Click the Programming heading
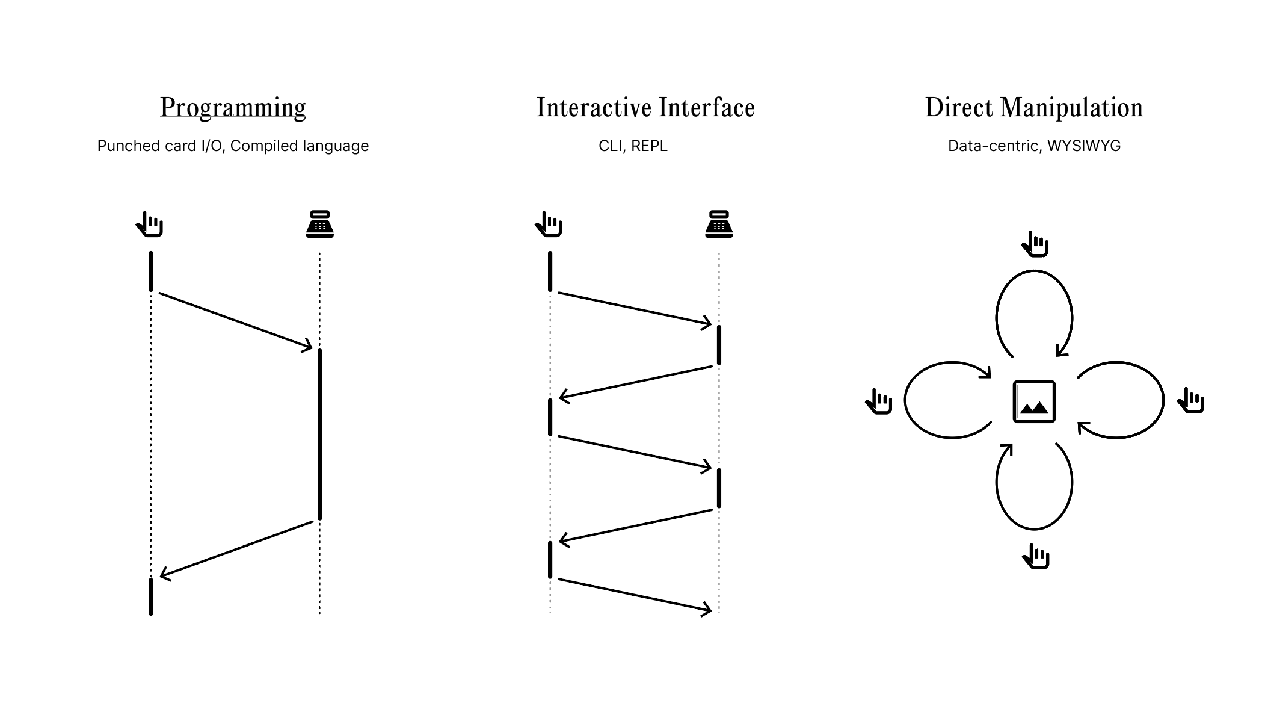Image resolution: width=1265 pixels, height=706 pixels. [x=233, y=108]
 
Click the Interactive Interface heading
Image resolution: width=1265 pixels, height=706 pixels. [x=645, y=108]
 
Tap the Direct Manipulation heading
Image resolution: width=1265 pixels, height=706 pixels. [x=1033, y=108]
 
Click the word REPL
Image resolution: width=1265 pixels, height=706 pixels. [x=649, y=146]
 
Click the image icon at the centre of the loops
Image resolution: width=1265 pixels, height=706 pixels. [x=1034, y=401]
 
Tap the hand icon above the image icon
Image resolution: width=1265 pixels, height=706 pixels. [x=1035, y=244]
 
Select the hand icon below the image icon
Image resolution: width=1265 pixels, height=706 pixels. [x=1036, y=557]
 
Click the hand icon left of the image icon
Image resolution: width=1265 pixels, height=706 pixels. [x=879, y=401]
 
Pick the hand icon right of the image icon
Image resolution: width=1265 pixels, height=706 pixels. [x=1191, y=400]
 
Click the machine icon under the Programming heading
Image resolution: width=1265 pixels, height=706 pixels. [x=319, y=224]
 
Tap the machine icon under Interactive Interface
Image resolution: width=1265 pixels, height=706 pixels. [x=719, y=224]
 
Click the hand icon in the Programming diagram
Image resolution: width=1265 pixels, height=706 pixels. [x=150, y=224]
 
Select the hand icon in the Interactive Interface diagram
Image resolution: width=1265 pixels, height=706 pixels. [x=549, y=224]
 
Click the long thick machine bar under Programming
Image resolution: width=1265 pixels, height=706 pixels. [x=320, y=433]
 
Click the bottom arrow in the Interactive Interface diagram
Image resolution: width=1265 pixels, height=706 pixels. [x=635, y=595]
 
